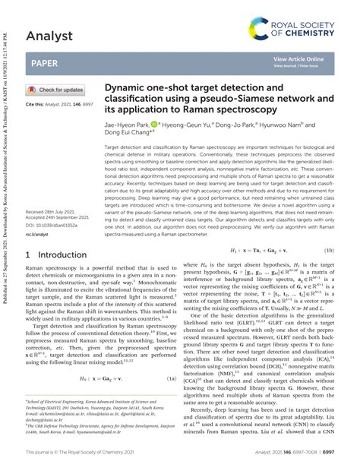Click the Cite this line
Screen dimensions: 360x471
(x=56, y=103)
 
